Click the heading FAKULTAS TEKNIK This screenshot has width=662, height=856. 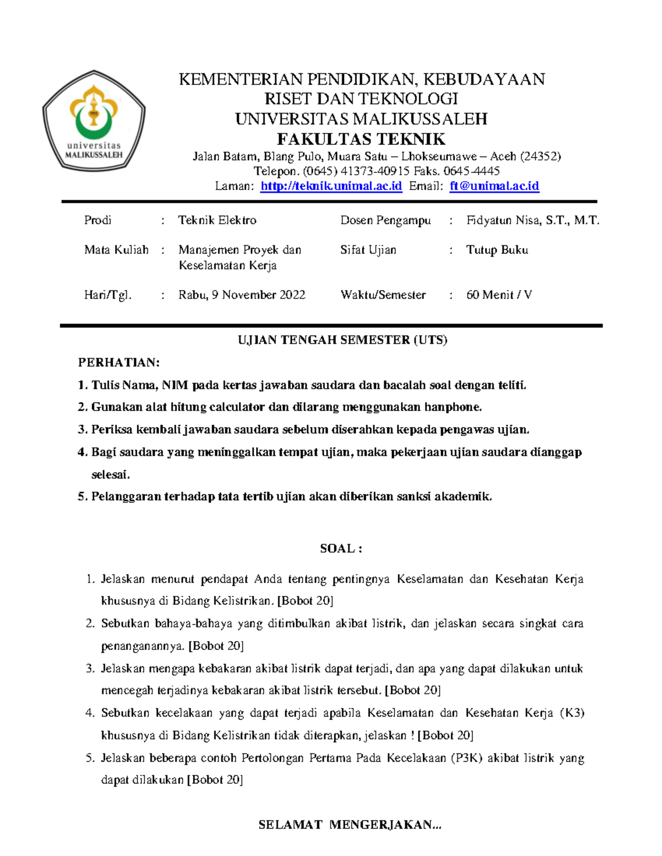361,139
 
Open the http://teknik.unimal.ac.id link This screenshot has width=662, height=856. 331,186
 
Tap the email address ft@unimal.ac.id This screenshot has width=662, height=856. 494,186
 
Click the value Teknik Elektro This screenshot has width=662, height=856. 217,220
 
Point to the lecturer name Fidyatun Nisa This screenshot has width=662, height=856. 532,220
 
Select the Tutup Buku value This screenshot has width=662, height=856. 497,250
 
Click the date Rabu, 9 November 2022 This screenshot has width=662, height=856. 242,295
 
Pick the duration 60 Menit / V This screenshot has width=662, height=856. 499,295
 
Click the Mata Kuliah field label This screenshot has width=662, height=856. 116,250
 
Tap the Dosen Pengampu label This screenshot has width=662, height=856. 386,220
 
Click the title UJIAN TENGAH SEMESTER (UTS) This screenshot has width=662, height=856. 342,340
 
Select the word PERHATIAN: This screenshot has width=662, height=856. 119,363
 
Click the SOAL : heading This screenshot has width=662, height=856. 341,548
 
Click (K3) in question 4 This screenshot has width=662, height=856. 572,713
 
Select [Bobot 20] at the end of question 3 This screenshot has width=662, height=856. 413,690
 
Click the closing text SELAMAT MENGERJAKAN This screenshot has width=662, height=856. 350,825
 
